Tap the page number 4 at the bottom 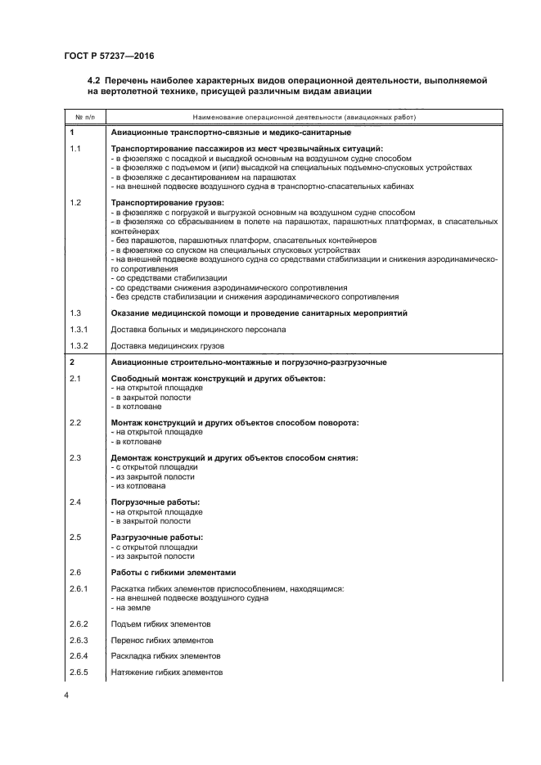(66, 695)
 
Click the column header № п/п (83, 117)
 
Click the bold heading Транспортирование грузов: (167, 201)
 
